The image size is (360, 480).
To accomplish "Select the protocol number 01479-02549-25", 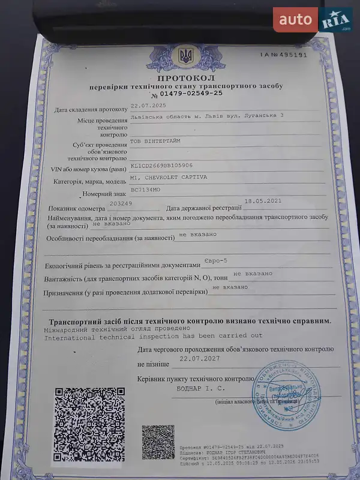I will pos(191,94).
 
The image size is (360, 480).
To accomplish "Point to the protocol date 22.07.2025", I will pos(149,106).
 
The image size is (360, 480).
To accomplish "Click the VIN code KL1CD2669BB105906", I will pos(161,165).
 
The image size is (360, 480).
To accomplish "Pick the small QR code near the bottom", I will pos(158,442).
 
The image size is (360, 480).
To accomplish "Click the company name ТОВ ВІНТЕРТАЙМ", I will pos(155,141).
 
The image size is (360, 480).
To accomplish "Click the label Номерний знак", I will pos(104,194).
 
